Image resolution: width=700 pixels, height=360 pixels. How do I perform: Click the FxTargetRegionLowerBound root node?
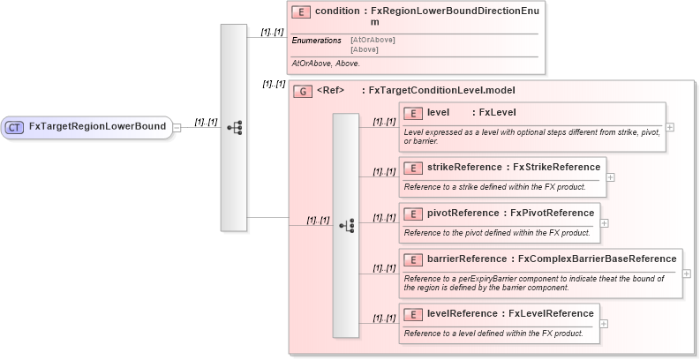pos(97,127)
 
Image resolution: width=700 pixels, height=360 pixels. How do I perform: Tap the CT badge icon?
pos(15,127)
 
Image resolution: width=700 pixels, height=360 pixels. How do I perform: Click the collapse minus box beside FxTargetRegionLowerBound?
pos(177,127)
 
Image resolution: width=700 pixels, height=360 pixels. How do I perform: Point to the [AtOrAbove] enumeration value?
pos(373,40)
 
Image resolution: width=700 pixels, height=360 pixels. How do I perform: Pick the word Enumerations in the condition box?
pos(317,41)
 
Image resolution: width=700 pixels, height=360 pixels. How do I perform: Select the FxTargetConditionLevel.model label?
pos(440,90)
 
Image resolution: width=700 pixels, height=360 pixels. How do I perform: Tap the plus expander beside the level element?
pos(670,127)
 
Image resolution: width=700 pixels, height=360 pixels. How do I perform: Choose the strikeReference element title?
pos(513,167)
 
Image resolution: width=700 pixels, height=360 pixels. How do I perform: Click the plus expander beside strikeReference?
pos(610,176)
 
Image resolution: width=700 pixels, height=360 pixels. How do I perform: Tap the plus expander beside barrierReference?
pos(687,274)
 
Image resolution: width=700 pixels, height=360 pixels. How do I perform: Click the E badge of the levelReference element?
pos(412,314)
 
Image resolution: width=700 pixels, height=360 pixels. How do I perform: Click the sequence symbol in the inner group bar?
pos(346,226)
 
